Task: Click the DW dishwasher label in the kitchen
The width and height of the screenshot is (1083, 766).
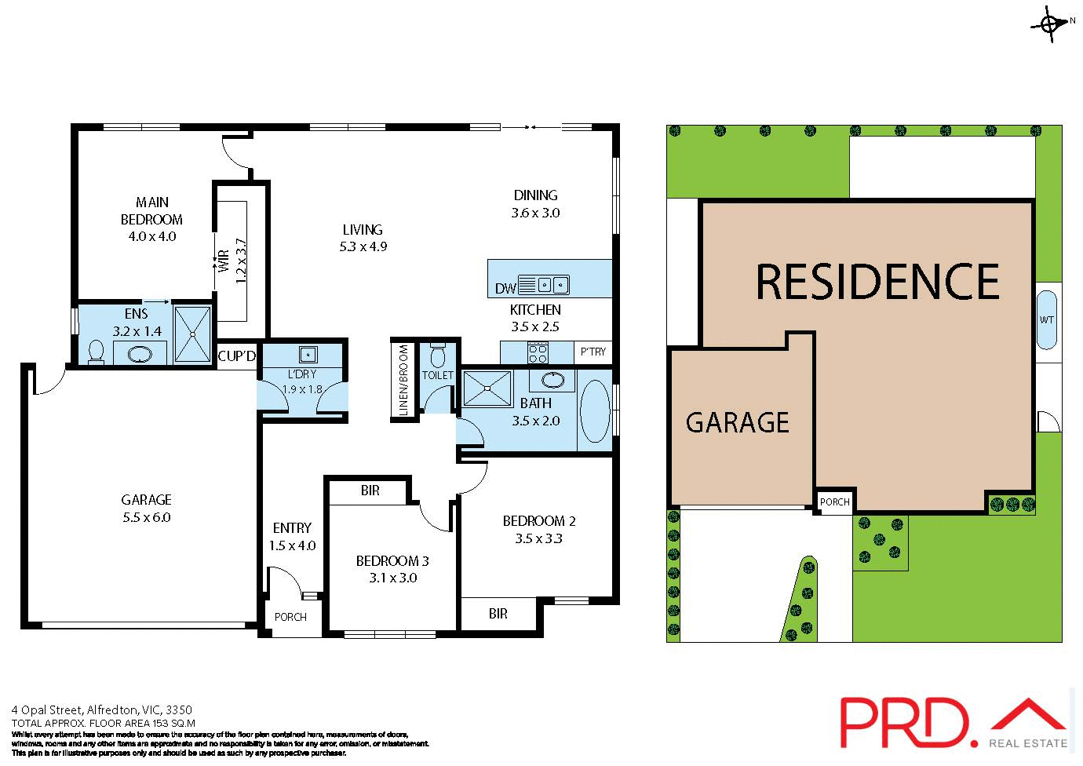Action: point(505,288)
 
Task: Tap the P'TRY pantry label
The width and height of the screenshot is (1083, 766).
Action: point(593,352)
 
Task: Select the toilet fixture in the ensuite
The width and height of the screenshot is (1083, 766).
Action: point(96,352)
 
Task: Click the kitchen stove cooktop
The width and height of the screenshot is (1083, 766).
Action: point(538,352)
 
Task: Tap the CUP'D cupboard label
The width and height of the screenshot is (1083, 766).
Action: point(236,356)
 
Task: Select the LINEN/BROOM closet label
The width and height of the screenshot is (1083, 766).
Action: point(403,381)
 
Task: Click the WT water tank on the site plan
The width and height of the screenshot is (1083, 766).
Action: point(1047,320)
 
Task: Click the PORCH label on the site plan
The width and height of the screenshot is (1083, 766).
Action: point(834,502)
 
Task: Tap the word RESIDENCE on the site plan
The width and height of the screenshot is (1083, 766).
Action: point(877,282)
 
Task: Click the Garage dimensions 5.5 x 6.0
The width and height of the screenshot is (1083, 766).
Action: point(146,517)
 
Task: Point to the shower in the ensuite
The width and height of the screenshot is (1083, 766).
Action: point(192,334)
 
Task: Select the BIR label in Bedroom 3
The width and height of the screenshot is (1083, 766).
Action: point(370,491)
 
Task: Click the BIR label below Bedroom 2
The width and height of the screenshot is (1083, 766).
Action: point(498,614)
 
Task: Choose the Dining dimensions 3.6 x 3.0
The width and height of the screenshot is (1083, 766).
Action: point(535,213)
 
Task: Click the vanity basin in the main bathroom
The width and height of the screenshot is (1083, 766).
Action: point(552,381)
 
